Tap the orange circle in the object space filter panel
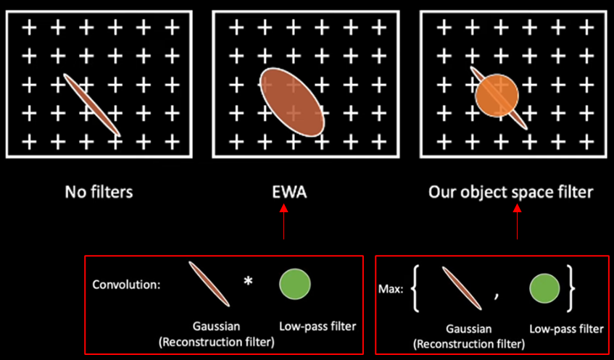pos(497,96)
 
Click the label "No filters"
pos(99,193)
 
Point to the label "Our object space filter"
pos(510,193)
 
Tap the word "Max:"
pos(390,289)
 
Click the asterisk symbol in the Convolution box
pos(248,282)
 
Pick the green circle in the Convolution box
pos(295,284)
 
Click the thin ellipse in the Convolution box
pos(209,284)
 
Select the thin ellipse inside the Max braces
pos(460,288)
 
